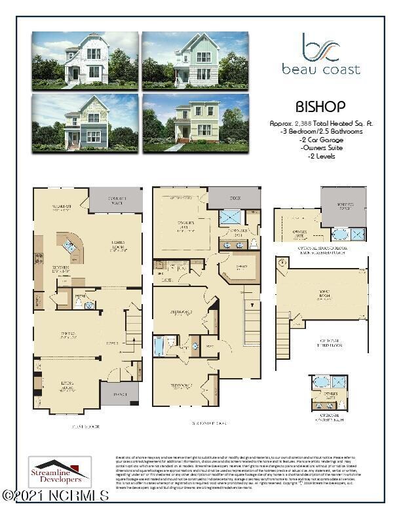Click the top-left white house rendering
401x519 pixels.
[x=85, y=60]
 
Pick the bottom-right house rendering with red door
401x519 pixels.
[x=195, y=123]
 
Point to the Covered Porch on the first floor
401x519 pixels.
[x=115, y=199]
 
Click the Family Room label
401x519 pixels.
[x=118, y=246]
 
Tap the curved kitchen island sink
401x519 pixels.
[x=71, y=247]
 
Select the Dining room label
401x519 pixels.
[x=68, y=336]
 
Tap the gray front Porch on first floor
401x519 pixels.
[x=115, y=395]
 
